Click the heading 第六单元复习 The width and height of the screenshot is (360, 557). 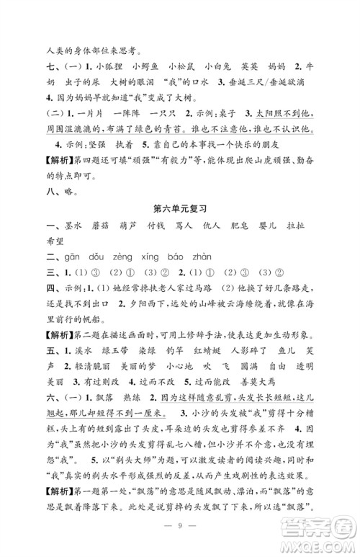[180, 228]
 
